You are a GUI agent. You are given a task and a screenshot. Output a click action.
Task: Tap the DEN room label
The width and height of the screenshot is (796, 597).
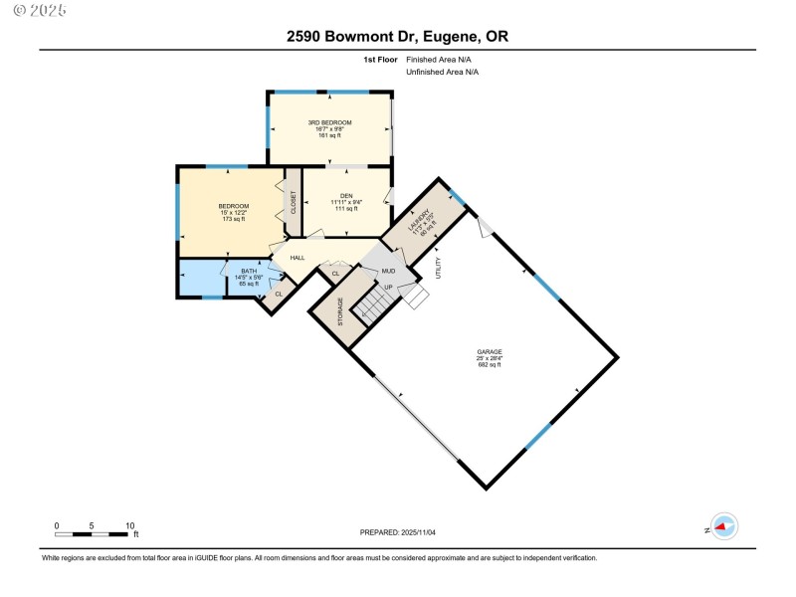tap(346, 195)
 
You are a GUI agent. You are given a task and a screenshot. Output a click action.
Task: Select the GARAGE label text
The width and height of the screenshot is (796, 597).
tap(489, 351)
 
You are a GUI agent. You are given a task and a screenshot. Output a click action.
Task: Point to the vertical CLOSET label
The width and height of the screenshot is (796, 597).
tap(294, 203)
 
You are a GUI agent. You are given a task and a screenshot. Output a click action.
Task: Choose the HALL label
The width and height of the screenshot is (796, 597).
tap(297, 258)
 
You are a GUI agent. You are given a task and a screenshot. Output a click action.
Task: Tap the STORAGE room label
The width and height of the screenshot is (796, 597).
tap(340, 311)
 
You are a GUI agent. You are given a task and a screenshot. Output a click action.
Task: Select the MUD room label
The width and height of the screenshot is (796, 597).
tap(390, 270)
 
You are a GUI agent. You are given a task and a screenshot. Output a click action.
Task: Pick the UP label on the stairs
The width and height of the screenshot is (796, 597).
tap(388, 288)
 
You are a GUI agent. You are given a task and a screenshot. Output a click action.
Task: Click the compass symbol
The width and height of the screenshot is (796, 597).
tap(724, 528)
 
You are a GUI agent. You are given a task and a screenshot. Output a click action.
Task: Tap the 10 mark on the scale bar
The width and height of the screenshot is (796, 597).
tap(130, 525)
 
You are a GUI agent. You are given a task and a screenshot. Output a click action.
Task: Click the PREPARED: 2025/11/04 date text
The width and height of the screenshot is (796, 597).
tap(398, 532)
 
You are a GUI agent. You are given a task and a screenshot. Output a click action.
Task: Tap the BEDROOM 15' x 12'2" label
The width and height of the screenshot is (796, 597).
tap(233, 209)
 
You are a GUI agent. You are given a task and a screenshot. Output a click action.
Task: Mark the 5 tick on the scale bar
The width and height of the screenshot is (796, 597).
tap(92, 525)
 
